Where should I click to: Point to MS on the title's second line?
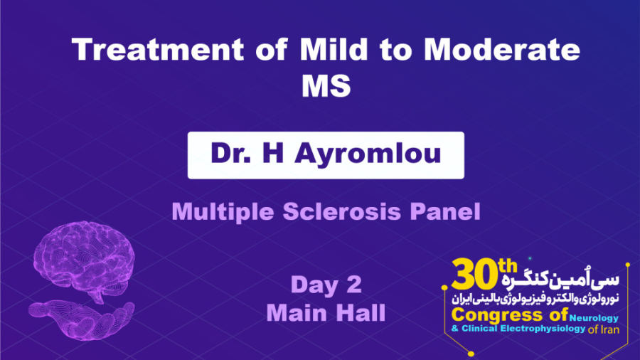click(x=326, y=86)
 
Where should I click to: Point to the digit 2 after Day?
click(x=354, y=286)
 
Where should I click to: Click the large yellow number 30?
click(x=474, y=274)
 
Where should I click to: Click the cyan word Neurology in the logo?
click(x=593, y=318)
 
